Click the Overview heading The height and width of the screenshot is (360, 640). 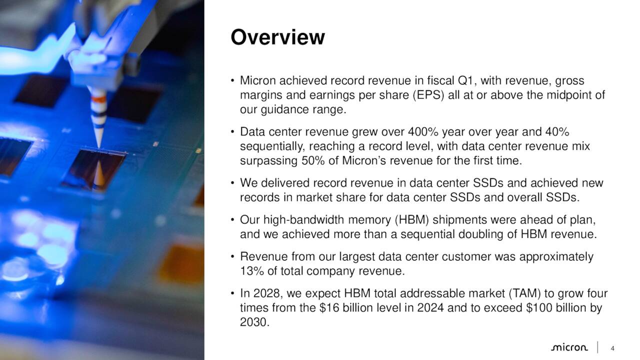(x=277, y=37)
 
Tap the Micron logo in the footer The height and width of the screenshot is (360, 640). (x=569, y=347)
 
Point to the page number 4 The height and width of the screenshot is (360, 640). (x=612, y=348)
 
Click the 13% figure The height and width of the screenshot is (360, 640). (x=250, y=271)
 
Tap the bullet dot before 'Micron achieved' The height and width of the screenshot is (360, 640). (x=233, y=81)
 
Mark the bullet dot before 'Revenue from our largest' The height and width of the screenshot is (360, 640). (x=233, y=257)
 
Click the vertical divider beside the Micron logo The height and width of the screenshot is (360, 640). (x=598, y=347)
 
